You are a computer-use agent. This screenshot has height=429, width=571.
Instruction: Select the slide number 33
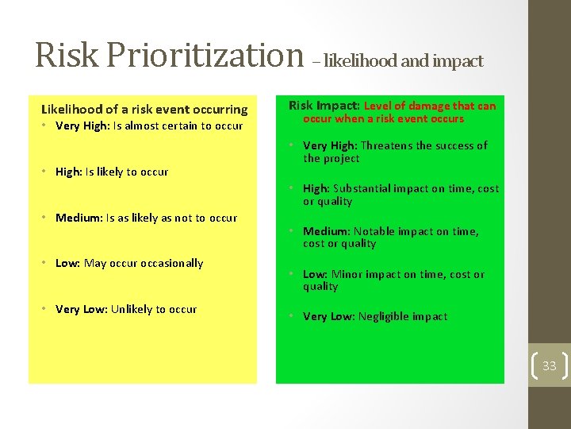pyautogui.click(x=549, y=366)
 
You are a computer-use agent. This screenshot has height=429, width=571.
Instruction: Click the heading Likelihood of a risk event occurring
pyautogui.click(x=144, y=110)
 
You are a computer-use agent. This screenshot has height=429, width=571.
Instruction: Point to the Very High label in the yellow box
pyautogui.click(x=82, y=126)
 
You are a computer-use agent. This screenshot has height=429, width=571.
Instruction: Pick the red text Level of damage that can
pyautogui.click(x=430, y=106)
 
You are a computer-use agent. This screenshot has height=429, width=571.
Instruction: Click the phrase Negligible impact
pyautogui.click(x=402, y=316)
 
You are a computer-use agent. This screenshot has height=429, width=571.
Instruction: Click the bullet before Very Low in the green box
pyautogui.click(x=292, y=316)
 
